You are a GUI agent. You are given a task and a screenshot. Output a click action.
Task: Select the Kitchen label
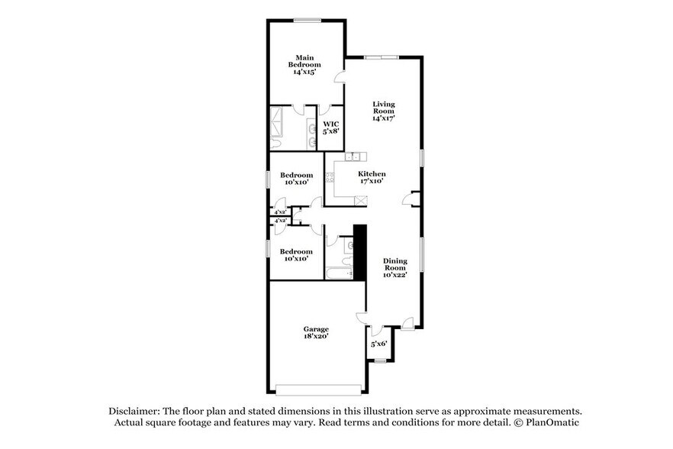372,178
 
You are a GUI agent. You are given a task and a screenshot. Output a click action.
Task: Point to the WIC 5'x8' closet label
330,128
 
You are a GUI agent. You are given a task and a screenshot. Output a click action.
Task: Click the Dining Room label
394,267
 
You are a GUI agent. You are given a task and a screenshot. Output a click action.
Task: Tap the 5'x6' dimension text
379,344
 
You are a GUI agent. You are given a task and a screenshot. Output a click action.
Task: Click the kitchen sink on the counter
352,157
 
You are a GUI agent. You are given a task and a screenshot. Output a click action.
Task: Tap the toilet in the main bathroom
276,144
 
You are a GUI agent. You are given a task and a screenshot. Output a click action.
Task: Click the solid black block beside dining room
360,250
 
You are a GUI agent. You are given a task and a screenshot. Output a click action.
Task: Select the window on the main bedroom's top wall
307,20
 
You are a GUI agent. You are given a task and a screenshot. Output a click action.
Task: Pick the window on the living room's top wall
380,57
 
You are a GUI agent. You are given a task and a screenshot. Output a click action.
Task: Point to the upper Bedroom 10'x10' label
296,179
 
